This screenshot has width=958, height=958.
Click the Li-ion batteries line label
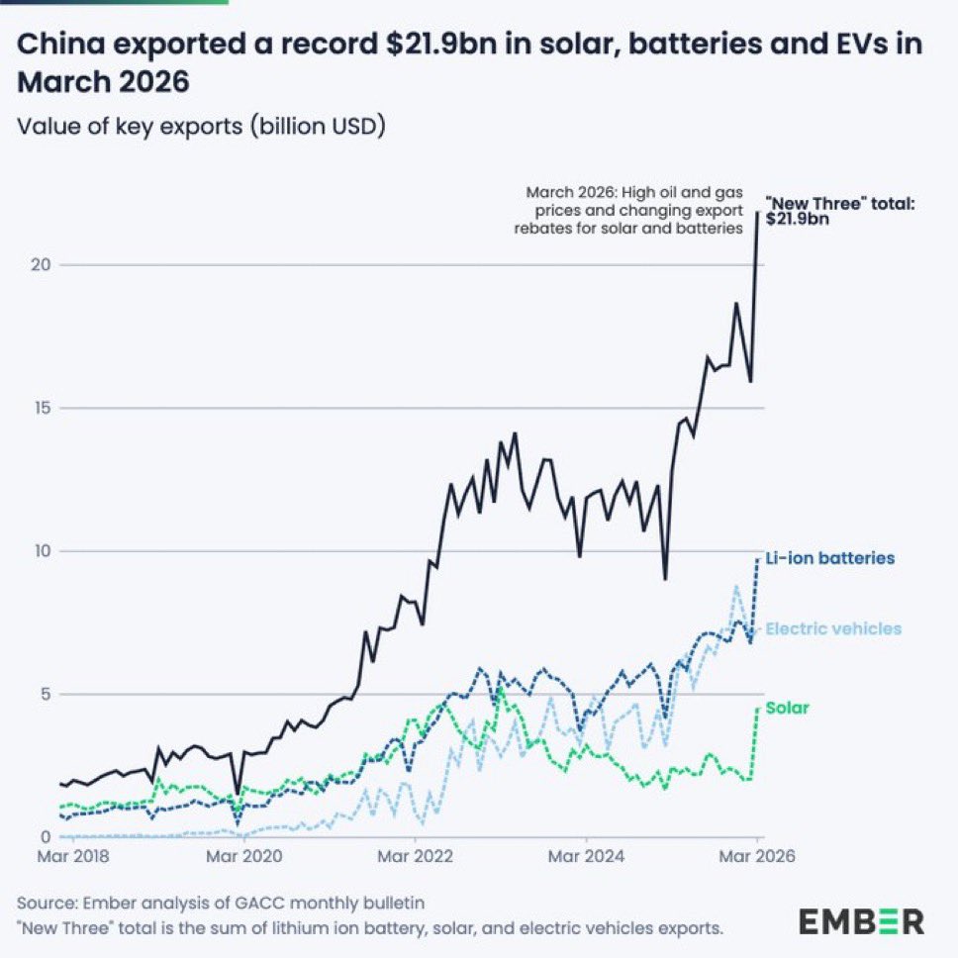tap(830, 558)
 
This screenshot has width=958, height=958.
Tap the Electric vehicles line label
tap(834, 628)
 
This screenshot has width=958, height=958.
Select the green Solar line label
tap(788, 708)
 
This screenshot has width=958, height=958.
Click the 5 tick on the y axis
tap(42, 694)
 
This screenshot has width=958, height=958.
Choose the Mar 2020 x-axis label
tap(241, 855)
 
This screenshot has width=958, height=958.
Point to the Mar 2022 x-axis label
tap(414, 855)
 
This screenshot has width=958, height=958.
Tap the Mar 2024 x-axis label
tap(586, 855)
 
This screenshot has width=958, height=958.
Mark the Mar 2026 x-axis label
tap(757, 855)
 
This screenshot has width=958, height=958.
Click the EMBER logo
tap(862, 921)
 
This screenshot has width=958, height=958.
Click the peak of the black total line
tap(758, 212)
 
